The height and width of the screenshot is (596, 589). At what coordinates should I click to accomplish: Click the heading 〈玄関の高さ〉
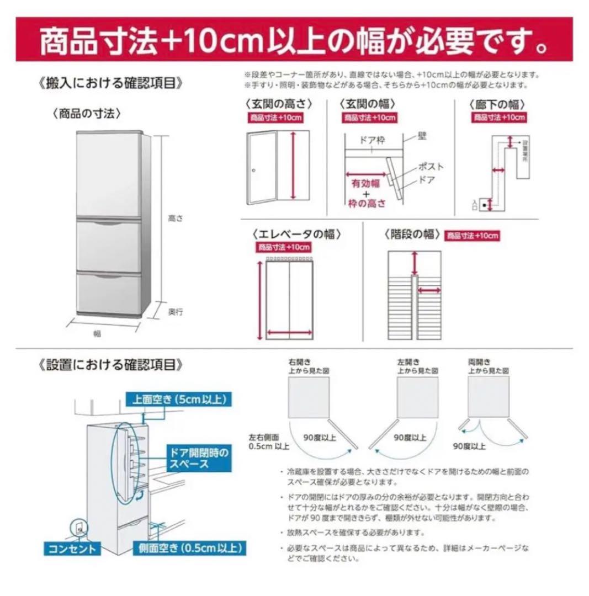(274, 103)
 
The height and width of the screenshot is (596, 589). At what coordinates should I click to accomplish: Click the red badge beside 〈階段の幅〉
(472, 236)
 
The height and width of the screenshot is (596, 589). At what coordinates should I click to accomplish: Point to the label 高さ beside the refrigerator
(175, 218)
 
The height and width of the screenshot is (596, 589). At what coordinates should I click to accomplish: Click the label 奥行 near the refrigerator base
(176, 311)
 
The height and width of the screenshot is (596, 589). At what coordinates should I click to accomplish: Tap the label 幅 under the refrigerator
(97, 333)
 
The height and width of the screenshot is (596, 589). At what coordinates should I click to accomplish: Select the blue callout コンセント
(72, 548)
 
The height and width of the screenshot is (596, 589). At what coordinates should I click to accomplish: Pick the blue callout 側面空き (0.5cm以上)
(188, 548)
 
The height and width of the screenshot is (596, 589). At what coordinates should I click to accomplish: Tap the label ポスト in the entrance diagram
(431, 166)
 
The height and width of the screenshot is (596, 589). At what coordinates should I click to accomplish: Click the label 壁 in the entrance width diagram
(422, 134)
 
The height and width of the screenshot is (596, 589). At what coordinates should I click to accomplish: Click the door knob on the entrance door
(255, 171)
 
